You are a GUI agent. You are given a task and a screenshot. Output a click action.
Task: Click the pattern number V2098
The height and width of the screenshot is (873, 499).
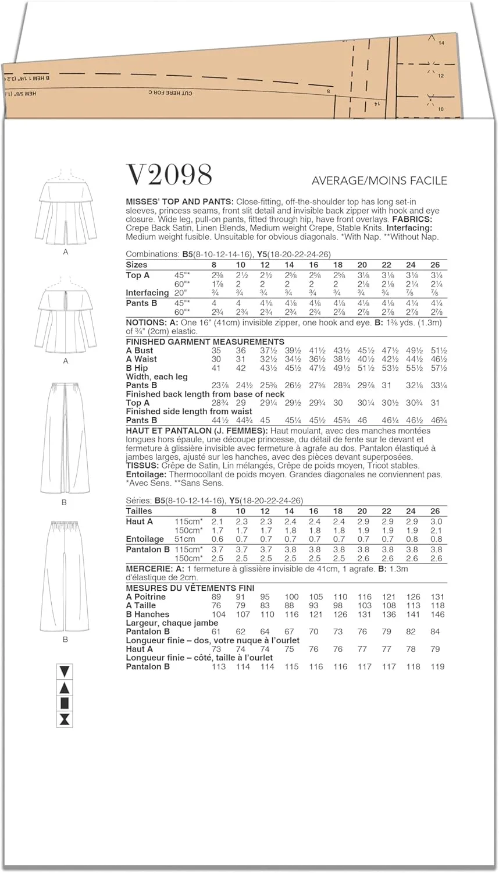coord(169,175)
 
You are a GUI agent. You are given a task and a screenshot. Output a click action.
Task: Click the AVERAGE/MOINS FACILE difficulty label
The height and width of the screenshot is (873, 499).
coord(379,180)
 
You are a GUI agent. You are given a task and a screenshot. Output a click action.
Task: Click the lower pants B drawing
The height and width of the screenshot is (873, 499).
coord(65,576)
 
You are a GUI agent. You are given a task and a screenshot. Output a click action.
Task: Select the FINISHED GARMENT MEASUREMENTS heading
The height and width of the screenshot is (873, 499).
coord(205,342)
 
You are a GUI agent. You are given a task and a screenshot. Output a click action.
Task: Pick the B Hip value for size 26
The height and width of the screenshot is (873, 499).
coord(439,368)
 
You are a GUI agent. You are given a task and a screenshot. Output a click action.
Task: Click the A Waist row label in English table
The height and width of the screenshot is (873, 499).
coord(141,359)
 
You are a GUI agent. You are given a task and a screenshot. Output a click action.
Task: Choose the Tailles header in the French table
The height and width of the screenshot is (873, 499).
coord(139,511)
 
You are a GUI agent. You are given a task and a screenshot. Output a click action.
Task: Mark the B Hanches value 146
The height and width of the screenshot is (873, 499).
coord(437,614)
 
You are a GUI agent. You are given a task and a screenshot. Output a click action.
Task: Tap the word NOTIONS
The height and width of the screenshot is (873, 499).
coord(145,322)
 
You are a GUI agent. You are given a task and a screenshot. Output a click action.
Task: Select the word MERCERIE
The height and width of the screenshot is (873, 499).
coord(149,569)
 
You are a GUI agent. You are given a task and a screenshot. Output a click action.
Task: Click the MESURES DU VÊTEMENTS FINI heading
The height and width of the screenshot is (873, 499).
coord(190,588)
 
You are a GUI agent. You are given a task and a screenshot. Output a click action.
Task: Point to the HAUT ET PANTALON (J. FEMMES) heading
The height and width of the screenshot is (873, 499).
coord(196,431)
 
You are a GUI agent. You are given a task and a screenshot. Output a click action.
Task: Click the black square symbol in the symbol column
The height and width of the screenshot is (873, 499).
coord(65,704)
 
